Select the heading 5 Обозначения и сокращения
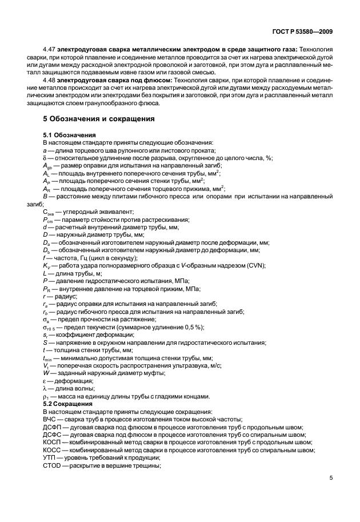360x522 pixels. pos(99,119)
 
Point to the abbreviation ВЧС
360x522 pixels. pos(50,419)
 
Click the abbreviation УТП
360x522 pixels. pos(50,457)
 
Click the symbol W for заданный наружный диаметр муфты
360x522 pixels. pos(46,373)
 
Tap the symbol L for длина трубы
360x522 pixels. pos(45,274)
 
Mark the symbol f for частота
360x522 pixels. pos(44,258)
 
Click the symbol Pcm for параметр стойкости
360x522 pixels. pos(47,220)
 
